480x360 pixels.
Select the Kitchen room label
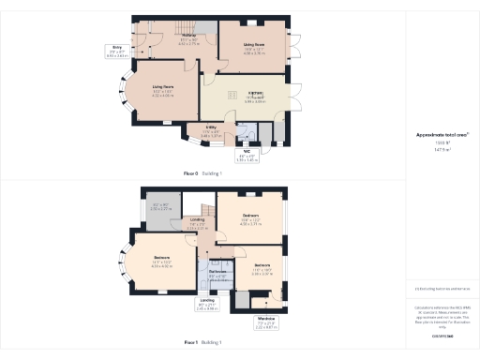254,97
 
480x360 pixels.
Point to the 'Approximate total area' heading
442,135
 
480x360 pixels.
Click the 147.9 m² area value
442,148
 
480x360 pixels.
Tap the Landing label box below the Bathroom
208,304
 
